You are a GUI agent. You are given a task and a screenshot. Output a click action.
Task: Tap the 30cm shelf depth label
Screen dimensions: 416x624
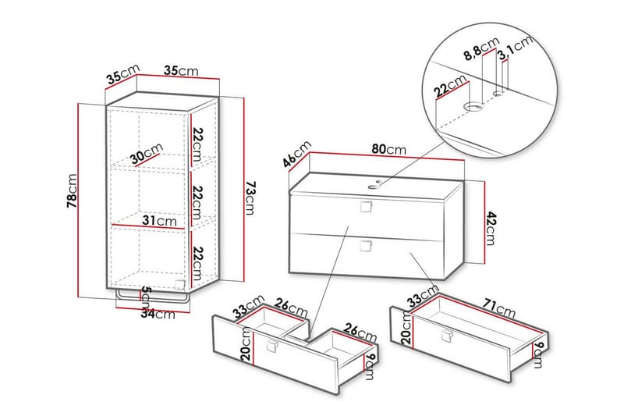pos(147,155)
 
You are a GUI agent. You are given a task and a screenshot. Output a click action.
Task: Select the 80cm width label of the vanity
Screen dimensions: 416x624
pos(388,148)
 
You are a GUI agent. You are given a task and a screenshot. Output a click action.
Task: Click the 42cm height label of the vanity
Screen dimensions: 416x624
pos(490,226)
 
